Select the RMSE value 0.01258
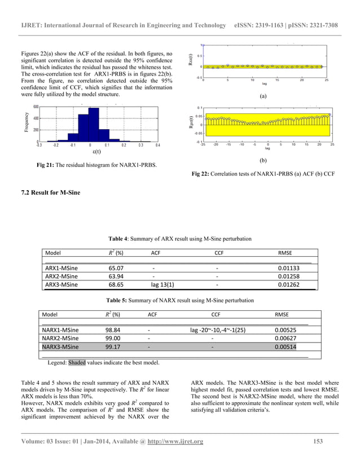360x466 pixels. click(x=291, y=276)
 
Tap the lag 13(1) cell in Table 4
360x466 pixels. click(x=162, y=285)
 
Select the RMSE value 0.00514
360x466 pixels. click(x=285, y=347)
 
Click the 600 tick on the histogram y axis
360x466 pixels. click(x=35, y=107)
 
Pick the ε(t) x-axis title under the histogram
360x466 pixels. click(x=96, y=152)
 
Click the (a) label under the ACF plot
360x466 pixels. click(x=263, y=96)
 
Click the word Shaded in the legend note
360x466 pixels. click(x=77, y=363)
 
